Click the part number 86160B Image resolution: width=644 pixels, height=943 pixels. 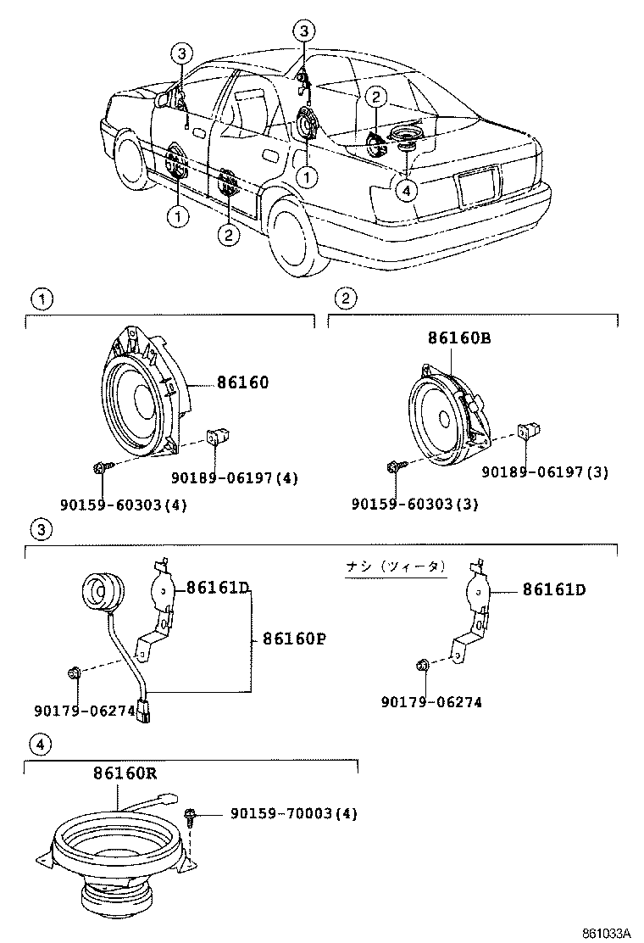459,338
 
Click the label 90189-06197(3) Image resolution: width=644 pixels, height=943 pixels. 545,471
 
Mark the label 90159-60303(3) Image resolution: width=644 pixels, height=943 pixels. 414,505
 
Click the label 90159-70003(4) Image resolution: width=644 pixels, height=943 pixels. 293,813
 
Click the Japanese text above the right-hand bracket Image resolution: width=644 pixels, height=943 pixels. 395,566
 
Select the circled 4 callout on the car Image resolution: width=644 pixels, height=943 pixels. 408,190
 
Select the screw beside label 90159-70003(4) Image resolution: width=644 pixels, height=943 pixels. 190,817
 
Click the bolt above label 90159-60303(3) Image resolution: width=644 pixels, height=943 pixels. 394,466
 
